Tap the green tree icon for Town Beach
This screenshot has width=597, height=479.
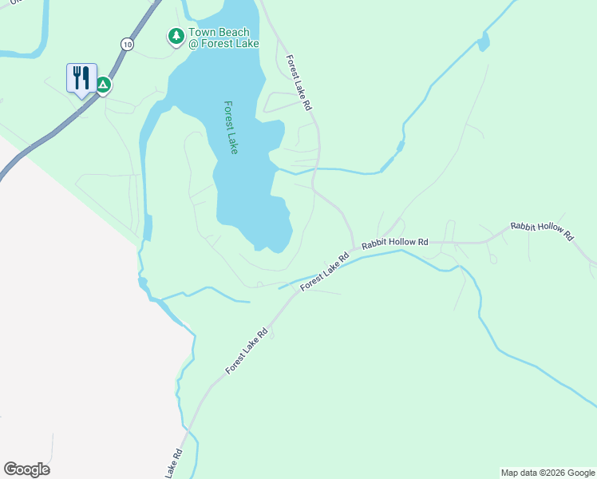(x=176, y=37)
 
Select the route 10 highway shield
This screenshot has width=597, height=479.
(x=128, y=45)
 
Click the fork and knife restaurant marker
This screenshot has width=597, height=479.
(x=81, y=78)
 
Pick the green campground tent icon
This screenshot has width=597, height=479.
(x=103, y=84)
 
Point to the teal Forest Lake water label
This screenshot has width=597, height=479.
(x=231, y=127)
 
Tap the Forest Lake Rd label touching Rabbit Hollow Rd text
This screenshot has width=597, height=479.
(x=325, y=272)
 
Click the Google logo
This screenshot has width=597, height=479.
(x=26, y=469)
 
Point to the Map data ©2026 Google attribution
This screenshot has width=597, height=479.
(x=548, y=473)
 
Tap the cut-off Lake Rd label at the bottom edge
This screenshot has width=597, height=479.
(x=175, y=463)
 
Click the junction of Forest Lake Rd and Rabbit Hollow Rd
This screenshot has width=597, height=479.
(x=354, y=247)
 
